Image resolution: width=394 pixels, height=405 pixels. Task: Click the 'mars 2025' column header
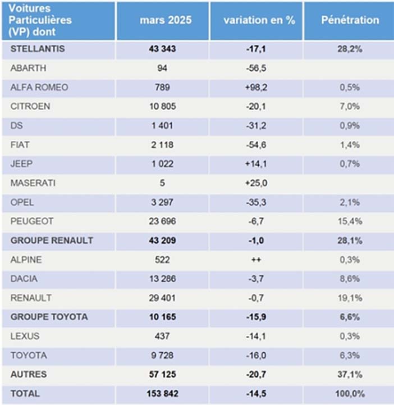[x=166, y=20]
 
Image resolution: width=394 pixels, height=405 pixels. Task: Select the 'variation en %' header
[x=259, y=20]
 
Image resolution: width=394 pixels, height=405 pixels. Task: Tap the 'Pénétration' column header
[x=350, y=20]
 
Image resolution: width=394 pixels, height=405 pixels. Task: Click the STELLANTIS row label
[x=38, y=49]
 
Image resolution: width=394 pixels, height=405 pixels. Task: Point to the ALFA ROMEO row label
[x=39, y=87]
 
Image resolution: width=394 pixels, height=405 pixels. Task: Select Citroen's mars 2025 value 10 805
[x=163, y=106]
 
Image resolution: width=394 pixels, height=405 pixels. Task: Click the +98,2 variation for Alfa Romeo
[x=256, y=87]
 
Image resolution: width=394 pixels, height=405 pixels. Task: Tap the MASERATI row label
[x=33, y=183]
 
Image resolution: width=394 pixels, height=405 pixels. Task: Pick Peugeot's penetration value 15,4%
[x=350, y=221]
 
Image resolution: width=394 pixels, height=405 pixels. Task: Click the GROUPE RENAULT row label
[x=52, y=240]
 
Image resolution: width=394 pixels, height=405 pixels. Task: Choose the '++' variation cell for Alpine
[x=256, y=260]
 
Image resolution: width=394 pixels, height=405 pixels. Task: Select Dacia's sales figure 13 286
[x=163, y=279]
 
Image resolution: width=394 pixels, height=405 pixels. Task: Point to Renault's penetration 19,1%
[x=350, y=298]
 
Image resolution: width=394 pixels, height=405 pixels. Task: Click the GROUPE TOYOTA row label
[x=49, y=317]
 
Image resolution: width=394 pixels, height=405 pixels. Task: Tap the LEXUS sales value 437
[x=162, y=336]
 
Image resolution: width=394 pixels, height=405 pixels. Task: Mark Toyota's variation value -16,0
[x=256, y=356]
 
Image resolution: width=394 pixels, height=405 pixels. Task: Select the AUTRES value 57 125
[x=163, y=375]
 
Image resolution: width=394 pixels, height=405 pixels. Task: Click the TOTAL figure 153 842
[x=163, y=394]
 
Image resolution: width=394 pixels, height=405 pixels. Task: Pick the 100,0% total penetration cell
[x=350, y=394]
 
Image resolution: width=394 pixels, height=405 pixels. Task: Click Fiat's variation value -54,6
[x=256, y=145]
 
